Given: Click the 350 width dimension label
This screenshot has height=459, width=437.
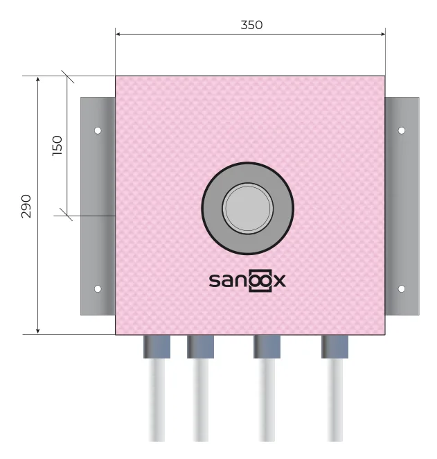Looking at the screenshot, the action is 251,25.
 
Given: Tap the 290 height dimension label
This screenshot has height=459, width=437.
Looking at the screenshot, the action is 26,206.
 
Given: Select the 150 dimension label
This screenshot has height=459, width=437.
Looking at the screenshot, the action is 57,146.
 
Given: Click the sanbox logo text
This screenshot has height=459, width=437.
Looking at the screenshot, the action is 247,280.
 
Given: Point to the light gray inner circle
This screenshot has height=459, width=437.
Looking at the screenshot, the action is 248,208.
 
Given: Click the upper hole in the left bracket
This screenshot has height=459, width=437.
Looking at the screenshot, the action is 98,130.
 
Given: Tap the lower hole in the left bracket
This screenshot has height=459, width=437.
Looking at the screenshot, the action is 98,288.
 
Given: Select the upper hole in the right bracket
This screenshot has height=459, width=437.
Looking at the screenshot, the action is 402,130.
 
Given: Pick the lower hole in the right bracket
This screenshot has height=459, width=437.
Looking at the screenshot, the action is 402,288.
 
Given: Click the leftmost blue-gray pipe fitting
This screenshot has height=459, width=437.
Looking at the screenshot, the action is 157,347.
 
